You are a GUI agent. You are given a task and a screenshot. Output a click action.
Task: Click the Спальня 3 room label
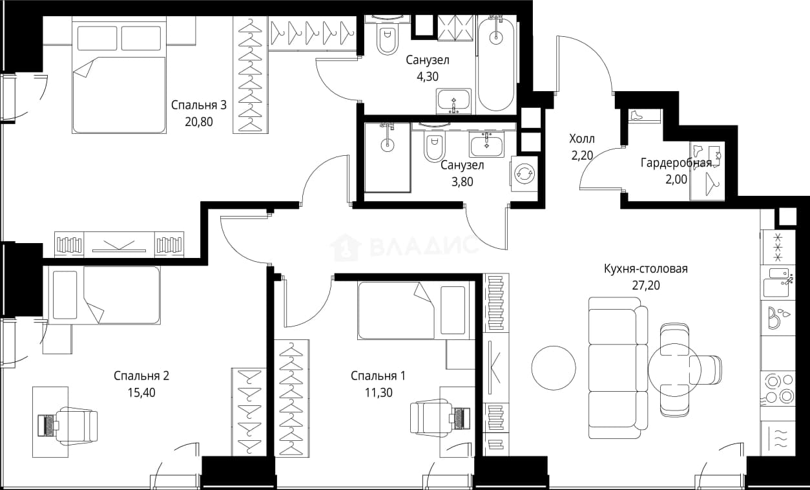[x=198, y=105]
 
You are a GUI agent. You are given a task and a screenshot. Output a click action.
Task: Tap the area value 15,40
[x=141, y=392]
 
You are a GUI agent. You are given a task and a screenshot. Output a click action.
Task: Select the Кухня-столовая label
[x=646, y=269]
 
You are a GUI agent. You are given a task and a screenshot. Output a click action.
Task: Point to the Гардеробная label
[x=676, y=163]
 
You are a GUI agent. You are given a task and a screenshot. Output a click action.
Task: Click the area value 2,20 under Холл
[x=582, y=155]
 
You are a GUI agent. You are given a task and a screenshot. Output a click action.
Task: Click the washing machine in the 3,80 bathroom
[x=523, y=174]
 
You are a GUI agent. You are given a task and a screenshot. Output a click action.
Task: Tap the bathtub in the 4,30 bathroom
[x=496, y=64]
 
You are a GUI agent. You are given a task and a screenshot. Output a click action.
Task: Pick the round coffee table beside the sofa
[x=554, y=368]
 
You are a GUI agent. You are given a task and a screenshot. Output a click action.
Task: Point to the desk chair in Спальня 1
[x=430, y=418]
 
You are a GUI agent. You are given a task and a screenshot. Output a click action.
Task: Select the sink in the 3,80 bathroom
[x=487, y=144]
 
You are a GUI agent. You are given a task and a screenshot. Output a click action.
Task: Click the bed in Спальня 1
[x=416, y=310]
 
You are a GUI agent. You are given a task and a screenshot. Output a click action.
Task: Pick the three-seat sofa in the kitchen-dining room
[x=618, y=368]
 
